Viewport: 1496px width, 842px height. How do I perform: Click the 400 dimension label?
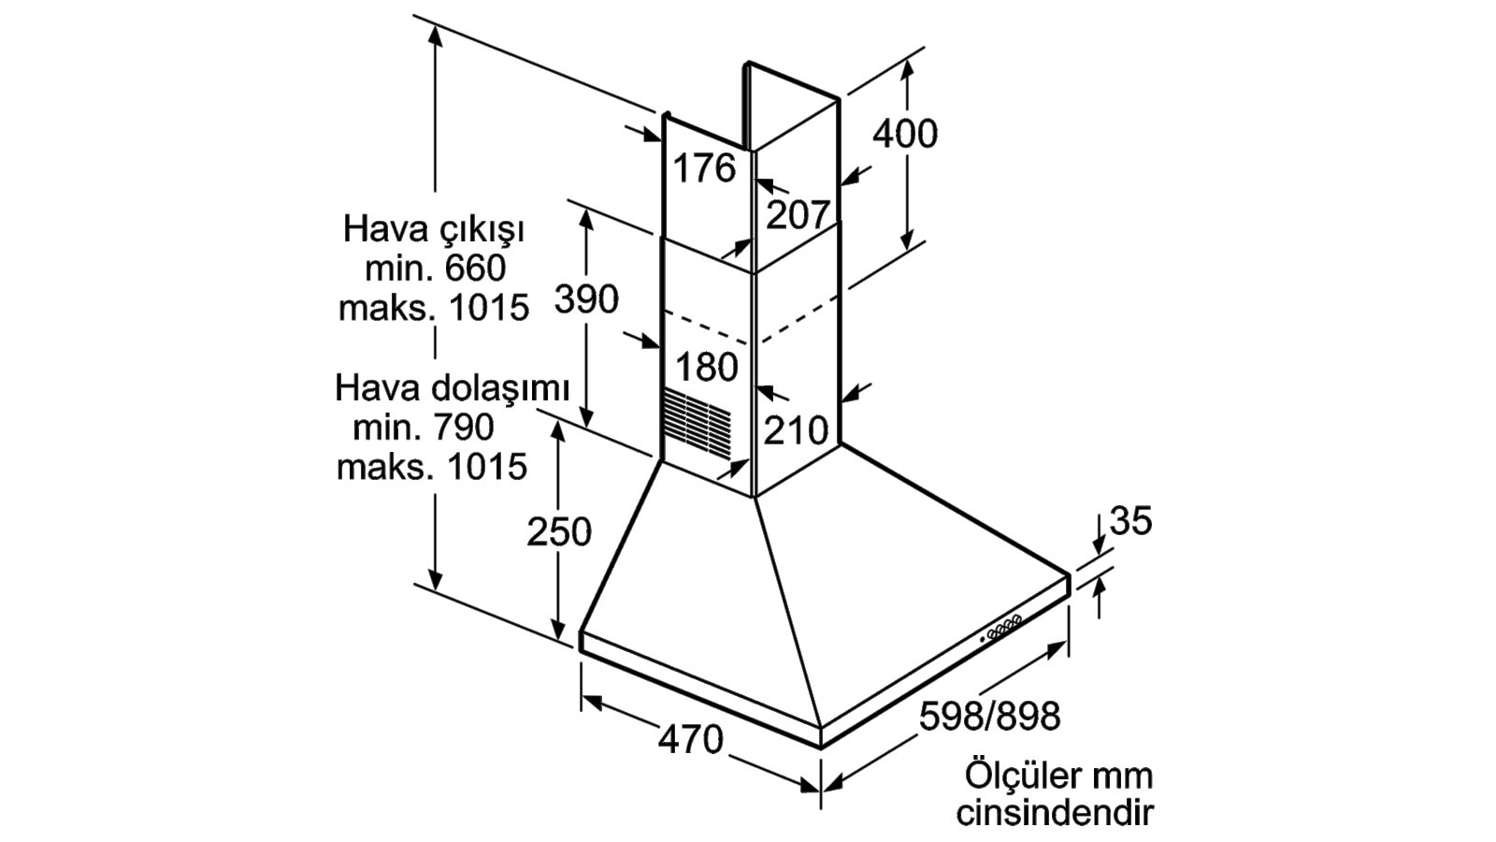905,135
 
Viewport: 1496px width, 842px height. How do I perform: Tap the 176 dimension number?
704,167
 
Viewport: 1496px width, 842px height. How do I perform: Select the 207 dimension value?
798,215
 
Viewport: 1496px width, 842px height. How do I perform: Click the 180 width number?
707,368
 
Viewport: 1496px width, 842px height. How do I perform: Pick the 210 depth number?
796,430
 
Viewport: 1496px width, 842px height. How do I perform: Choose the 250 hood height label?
559,532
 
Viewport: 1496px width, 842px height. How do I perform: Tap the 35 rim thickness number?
1130,520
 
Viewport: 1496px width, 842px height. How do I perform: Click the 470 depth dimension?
691,740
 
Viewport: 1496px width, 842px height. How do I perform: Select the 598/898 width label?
990,717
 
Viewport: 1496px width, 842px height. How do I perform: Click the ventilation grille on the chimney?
698,426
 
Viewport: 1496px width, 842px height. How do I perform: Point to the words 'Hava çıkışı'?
434,230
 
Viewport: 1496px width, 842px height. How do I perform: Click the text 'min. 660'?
436,269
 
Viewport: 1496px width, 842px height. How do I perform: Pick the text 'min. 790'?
424,427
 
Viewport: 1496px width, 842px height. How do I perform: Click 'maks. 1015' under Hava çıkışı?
434,308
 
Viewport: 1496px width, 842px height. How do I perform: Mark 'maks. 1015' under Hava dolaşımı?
432,467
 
